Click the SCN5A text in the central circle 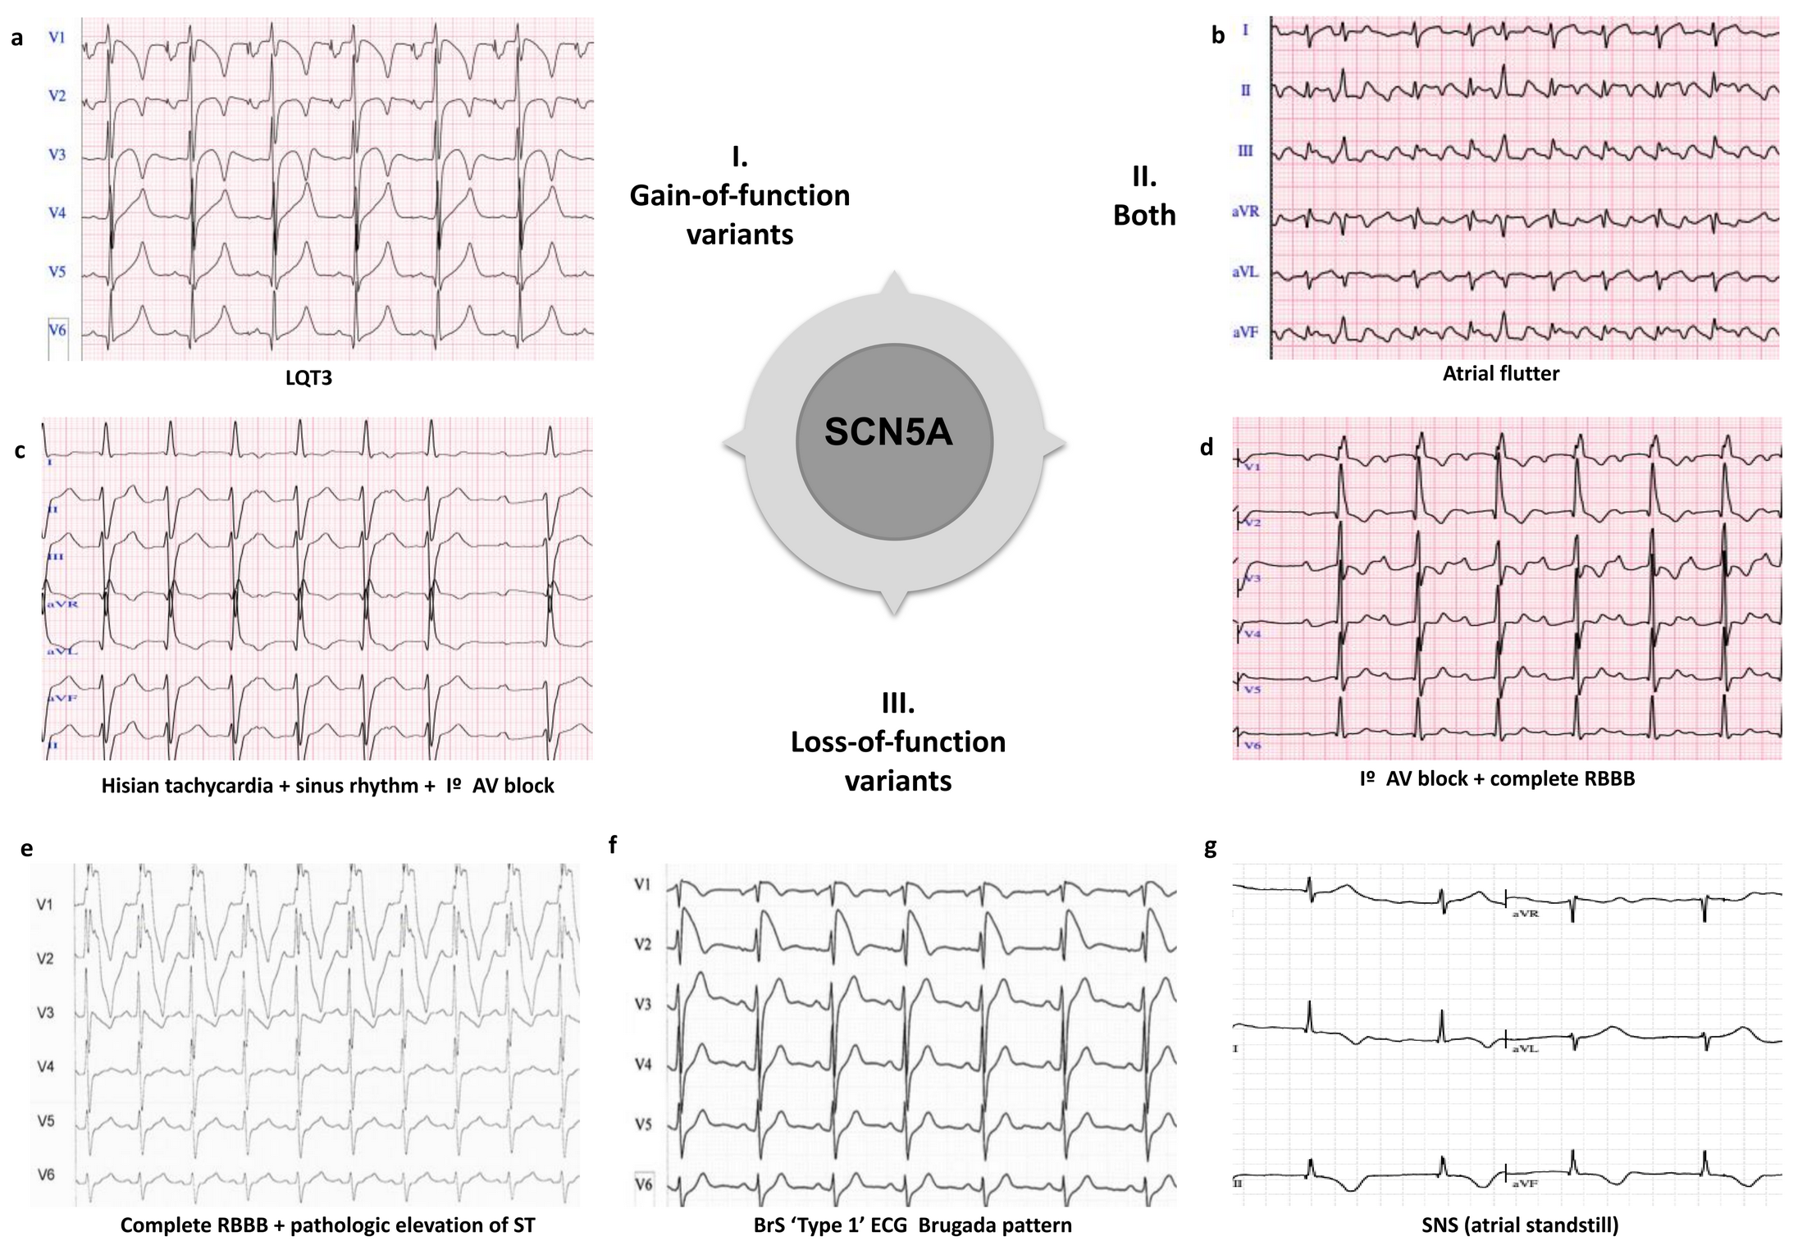tap(888, 432)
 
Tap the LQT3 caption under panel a tap(308, 378)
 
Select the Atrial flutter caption tap(1501, 374)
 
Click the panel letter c tap(20, 451)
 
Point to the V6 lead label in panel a tap(57, 330)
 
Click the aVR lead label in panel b tap(1245, 212)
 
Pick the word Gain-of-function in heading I tap(739, 196)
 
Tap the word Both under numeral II tap(1144, 215)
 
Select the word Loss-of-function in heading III tap(898, 742)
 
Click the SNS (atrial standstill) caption tap(1520, 1225)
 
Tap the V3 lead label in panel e tap(46, 1013)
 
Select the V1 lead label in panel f tap(643, 884)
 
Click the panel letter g tap(1210, 848)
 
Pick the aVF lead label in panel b tap(1245, 333)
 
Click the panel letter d tap(1206, 447)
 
